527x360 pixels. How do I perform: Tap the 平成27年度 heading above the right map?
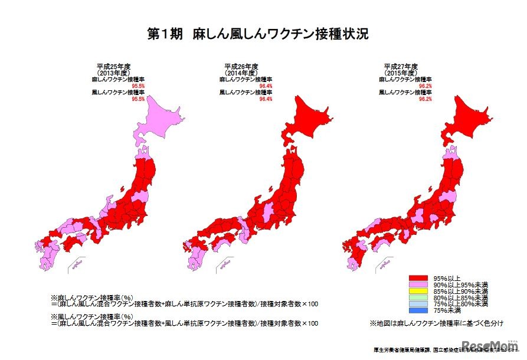tap(400, 66)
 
